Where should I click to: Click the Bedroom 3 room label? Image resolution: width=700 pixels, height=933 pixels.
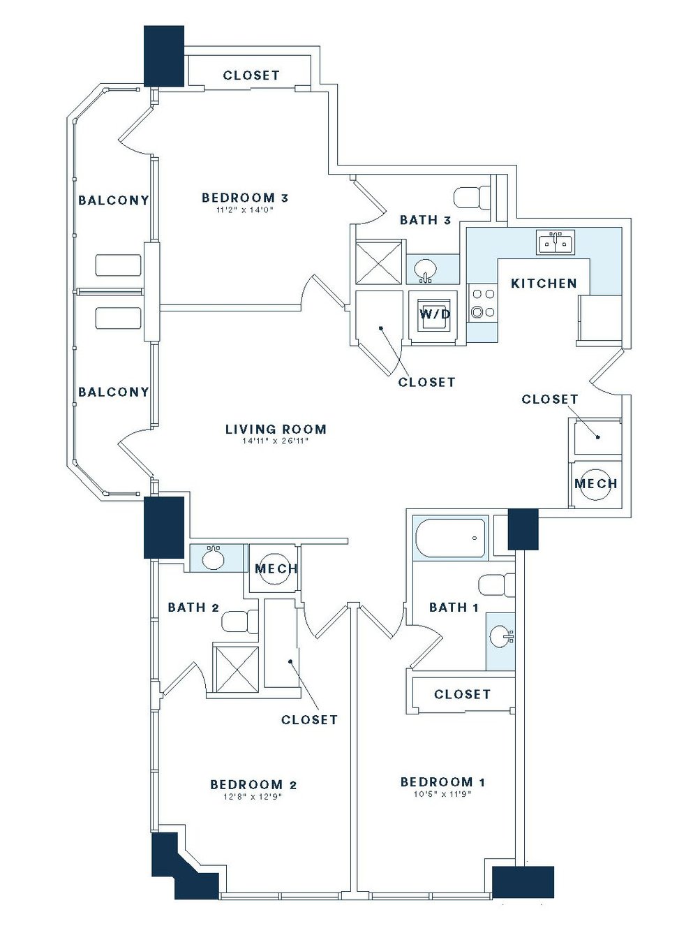(x=245, y=198)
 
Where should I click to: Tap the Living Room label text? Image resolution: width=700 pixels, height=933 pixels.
(x=276, y=429)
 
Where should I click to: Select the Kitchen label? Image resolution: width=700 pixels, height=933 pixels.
(x=544, y=283)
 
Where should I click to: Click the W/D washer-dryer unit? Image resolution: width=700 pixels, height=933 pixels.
(x=434, y=314)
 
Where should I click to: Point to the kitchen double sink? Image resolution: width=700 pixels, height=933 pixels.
(x=556, y=242)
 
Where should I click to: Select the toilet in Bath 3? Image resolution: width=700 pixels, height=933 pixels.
(x=472, y=198)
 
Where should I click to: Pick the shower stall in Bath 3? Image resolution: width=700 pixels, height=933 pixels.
(x=379, y=263)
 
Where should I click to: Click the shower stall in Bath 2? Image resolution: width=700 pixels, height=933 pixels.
(x=235, y=668)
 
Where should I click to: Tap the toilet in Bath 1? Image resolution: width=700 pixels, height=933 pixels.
(x=496, y=585)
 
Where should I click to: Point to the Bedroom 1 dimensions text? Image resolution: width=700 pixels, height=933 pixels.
(x=442, y=794)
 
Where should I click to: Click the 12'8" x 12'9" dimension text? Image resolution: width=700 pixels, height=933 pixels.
(x=253, y=797)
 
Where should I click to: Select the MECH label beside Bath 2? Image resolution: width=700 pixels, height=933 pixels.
(x=276, y=568)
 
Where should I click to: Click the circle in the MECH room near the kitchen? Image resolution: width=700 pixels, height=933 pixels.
(x=596, y=483)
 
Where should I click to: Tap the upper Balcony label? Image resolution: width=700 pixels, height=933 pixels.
(x=113, y=200)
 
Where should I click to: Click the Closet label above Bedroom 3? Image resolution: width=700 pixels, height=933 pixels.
(x=251, y=75)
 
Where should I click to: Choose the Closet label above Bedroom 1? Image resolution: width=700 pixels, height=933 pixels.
(x=462, y=694)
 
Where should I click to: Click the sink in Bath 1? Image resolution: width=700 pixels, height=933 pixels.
(x=500, y=636)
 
